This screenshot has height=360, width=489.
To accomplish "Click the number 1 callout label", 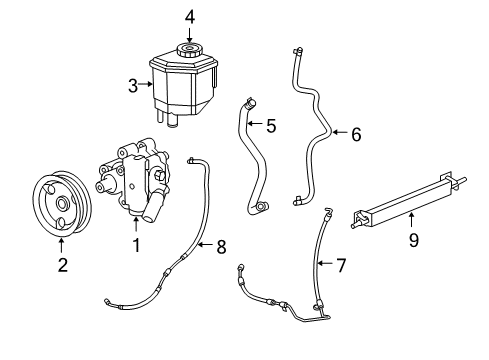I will coord(135,241).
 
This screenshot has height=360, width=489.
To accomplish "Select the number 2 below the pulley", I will coord(62,264).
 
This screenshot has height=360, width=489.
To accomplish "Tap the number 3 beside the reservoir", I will coord(131,86).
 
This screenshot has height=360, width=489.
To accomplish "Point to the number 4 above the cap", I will coord(190,15).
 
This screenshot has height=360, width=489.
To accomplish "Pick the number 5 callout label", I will coord(270,126).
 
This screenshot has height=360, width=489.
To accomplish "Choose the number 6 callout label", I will coord(355,133).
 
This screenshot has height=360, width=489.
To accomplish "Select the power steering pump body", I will coord(135,180).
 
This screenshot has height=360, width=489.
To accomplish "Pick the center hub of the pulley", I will coord(60,205).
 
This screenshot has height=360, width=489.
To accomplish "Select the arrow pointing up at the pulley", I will coord(62,243).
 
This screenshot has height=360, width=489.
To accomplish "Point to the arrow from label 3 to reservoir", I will coord(145,86).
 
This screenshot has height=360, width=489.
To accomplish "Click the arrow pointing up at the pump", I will coord(135,222).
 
